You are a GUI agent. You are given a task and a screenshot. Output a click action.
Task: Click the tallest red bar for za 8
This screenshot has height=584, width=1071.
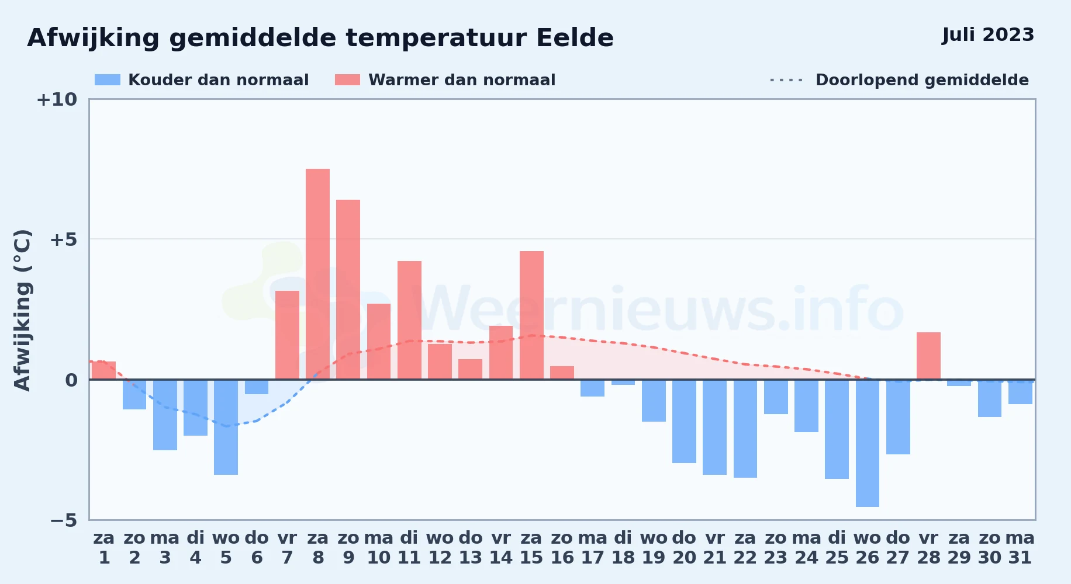317,274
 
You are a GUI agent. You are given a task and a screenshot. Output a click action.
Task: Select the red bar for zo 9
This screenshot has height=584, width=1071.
348,290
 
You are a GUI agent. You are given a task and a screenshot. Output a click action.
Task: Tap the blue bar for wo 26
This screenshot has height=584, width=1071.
868,443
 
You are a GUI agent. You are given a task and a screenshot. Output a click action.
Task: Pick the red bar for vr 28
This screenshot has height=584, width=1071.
928,356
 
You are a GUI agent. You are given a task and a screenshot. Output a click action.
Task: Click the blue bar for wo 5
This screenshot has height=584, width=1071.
226,427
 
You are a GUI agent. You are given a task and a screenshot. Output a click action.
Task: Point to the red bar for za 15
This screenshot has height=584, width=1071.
531,315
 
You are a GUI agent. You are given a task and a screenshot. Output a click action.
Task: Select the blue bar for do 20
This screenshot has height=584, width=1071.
684,421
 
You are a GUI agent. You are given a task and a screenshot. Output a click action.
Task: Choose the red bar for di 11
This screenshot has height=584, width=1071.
409,320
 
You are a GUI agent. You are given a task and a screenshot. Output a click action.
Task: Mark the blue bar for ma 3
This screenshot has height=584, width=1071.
165,415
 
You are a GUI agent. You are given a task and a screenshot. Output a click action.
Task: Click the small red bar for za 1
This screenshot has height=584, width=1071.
103,370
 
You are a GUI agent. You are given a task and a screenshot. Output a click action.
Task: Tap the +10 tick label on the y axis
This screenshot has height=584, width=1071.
57,100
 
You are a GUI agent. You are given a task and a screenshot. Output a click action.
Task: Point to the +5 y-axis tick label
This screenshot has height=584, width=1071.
63,239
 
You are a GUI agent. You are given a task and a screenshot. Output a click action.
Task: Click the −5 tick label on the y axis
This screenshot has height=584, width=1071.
64,520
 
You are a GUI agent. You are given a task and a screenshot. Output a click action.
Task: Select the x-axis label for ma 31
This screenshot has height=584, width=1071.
1020,548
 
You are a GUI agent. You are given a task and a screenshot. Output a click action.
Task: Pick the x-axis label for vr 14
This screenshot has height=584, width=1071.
501,548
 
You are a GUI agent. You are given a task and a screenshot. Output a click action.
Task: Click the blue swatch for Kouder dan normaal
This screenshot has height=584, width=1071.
108,80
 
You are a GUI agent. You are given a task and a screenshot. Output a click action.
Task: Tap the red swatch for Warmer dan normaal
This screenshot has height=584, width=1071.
347,80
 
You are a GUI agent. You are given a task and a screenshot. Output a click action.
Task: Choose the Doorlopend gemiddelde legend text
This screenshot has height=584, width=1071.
922,80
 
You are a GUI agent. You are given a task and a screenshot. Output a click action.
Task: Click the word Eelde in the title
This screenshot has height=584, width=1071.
575,38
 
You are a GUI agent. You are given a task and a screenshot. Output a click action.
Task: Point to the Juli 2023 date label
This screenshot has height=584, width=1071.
988,35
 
